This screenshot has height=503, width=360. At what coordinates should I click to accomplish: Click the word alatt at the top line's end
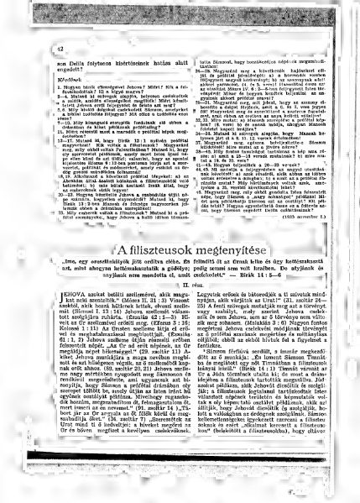click(x=164, y=62)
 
